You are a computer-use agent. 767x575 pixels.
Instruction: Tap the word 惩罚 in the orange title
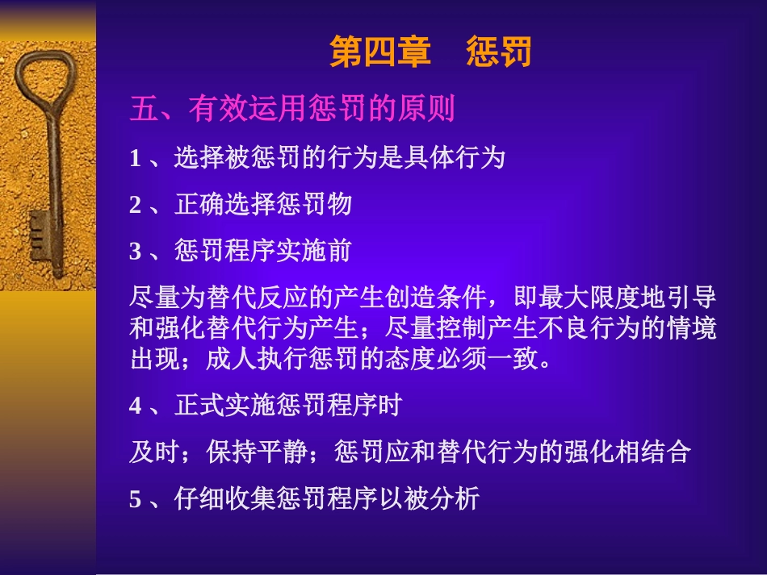tap(499, 53)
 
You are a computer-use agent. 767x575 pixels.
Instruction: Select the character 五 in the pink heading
tap(142, 109)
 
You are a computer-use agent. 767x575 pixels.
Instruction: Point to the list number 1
tap(135, 159)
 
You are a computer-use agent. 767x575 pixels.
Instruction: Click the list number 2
tap(135, 206)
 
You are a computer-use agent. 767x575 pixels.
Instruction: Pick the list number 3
tap(135, 252)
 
